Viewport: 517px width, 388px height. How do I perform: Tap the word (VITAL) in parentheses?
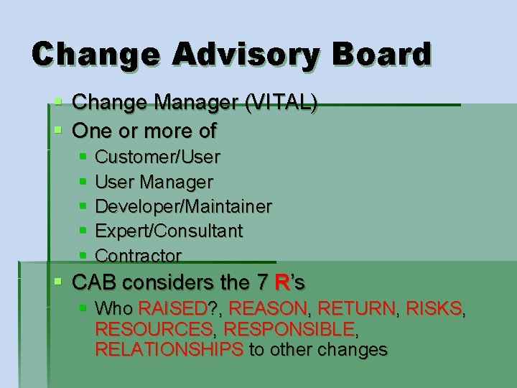click(x=281, y=104)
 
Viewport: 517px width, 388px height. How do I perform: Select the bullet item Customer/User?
click(x=157, y=156)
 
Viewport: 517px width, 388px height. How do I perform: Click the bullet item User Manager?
click(x=154, y=181)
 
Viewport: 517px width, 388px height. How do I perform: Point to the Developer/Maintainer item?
click(x=183, y=206)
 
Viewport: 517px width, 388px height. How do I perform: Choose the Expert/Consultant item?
click(x=169, y=231)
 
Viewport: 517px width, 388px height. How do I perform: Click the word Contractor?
click(x=138, y=255)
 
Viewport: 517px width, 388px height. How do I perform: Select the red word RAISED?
click(x=172, y=310)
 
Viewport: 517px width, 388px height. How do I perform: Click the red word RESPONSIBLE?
click(x=290, y=330)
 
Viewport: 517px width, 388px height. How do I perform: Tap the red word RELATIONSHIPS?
click(x=169, y=350)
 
